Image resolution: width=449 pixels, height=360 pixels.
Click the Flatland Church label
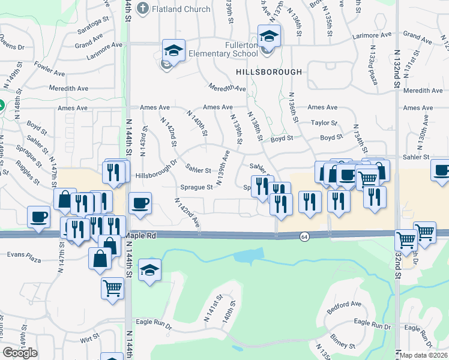click(181, 9)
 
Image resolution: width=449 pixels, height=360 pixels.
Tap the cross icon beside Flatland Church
click(142, 8)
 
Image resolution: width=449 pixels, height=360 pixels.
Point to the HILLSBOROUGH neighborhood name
click(269, 71)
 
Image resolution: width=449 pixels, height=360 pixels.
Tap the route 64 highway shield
click(305, 237)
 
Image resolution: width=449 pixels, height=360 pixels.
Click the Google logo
click(20, 352)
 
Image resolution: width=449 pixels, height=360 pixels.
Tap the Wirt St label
click(89, 339)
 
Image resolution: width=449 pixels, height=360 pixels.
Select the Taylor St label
click(326, 122)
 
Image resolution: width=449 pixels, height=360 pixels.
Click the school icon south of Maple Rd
click(149, 270)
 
